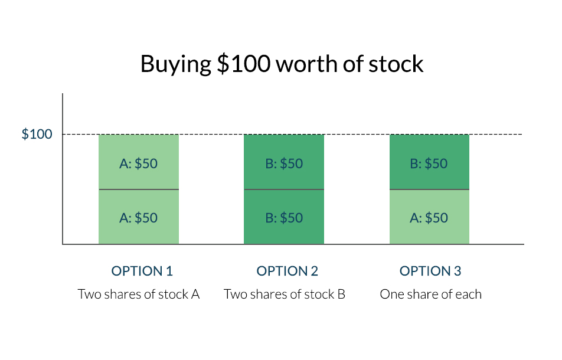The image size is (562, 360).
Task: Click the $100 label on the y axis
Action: [37, 134]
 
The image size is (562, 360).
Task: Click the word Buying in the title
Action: [176, 65]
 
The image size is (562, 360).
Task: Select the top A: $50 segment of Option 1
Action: [139, 162]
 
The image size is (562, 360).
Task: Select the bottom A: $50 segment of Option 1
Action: [139, 217]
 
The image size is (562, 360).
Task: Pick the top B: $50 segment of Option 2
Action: [284, 162]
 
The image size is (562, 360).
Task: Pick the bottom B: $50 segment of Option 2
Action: [284, 217]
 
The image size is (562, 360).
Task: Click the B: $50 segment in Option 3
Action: [429, 162]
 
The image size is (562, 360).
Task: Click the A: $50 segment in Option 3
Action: [429, 217]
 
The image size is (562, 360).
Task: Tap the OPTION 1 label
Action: [142, 271]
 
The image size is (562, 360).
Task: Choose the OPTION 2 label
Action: [287, 271]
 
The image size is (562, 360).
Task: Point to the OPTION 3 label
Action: [430, 271]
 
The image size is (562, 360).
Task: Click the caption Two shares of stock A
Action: [139, 294]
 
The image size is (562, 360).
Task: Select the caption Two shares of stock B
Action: [285, 294]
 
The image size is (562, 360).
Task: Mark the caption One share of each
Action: [431, 294]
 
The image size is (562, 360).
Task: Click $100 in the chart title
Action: [244, 64]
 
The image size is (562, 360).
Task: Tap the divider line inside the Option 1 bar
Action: [139, 189]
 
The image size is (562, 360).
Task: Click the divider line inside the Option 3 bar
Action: [429, 189]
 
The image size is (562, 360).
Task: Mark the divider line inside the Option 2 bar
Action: [284, 189]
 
